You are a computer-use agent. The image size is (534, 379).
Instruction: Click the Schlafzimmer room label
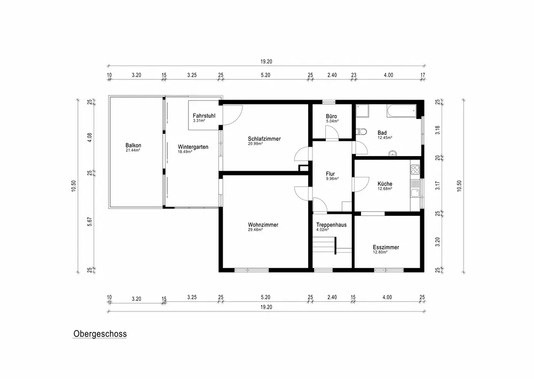[264, 139]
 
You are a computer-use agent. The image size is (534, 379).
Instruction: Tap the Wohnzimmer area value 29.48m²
[255, 230]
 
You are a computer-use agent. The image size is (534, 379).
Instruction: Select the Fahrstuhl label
[204, 116]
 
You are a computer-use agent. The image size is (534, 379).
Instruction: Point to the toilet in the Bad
[360, 132]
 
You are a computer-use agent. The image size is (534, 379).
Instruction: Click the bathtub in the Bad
[402, 111]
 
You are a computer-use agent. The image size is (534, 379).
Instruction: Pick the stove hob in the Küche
[415, 170]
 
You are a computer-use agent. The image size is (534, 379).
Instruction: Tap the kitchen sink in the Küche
[415, 193]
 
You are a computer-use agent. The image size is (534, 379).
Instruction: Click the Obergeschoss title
[100, 334]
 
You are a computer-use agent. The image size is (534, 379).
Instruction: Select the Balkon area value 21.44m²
[133, 150]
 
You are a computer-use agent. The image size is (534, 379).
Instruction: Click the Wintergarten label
[193, 147]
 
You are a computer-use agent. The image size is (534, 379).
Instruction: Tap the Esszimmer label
[386, 247]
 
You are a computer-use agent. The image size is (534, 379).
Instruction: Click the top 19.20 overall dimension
[266, 61]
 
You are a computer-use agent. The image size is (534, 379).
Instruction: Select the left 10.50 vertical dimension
[74, 186]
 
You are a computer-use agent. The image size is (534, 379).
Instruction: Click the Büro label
[332, 116]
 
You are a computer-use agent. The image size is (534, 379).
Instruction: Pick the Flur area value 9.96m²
[332, 179]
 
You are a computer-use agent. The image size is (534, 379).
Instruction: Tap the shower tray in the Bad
[363, 111]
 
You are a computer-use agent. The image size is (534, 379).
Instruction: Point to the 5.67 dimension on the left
[90, 222]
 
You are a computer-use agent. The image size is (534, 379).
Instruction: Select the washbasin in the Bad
[393, 154]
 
